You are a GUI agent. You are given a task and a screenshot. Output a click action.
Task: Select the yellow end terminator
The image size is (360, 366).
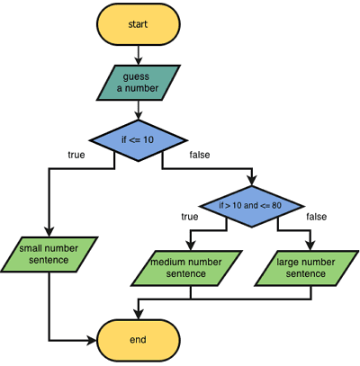pyautogui.click(x=136, y=340)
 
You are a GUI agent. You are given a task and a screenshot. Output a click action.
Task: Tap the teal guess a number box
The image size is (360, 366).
pyautogui.click(x=136, y=84)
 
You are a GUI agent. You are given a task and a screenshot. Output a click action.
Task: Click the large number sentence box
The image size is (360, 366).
pyautogui.click(x=308, y=266)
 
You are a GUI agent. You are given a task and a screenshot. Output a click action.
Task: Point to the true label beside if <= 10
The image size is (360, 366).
pyautogui.click(x=76, y=155)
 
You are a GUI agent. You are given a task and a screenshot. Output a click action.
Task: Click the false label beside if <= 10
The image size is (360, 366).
pyautogui.click(x=200, y=155)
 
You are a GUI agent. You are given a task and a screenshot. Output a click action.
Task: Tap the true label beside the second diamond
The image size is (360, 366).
pyautogui.click(x=189, y=217)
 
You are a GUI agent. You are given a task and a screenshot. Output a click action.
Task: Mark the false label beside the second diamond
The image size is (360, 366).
pyautogui.click(x=317, y=217)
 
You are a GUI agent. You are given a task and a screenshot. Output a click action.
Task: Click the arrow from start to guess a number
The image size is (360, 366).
pyautogui.click(x=136, y=55)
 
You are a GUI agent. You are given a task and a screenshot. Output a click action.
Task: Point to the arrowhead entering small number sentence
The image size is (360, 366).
pyautogui.click(x=49, y=233)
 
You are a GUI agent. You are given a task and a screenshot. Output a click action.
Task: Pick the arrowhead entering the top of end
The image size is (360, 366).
pyautogui.click(x=136, y=316)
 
